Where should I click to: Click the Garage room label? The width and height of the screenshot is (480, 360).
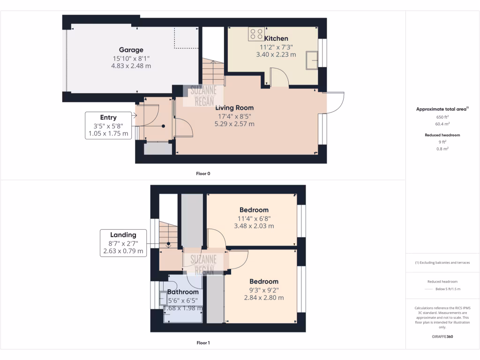click(131, 50)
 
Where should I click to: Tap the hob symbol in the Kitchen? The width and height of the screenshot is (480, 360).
click(256, 34)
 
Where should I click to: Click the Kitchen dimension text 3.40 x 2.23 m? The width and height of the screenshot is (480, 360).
click(276, 54)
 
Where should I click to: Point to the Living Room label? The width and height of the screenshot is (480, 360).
click(234, 108)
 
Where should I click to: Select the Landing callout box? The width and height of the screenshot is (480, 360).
click(123, 243)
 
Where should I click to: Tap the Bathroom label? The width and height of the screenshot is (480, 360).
click(183, 292)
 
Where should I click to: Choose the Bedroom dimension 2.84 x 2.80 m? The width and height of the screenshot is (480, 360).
click(263, 298)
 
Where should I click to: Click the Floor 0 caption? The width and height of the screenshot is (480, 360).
click(203, 173)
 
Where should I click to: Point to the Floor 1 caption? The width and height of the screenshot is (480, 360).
click(203, 343)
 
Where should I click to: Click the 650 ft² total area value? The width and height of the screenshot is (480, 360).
click(442, 117)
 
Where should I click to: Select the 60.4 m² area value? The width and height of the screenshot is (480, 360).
click(442, 124)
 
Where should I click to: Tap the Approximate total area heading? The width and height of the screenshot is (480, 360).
click(442, 109)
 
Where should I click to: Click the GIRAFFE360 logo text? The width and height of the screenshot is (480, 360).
click(442, 337)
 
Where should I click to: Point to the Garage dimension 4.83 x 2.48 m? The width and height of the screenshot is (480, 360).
click(131, 66)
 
